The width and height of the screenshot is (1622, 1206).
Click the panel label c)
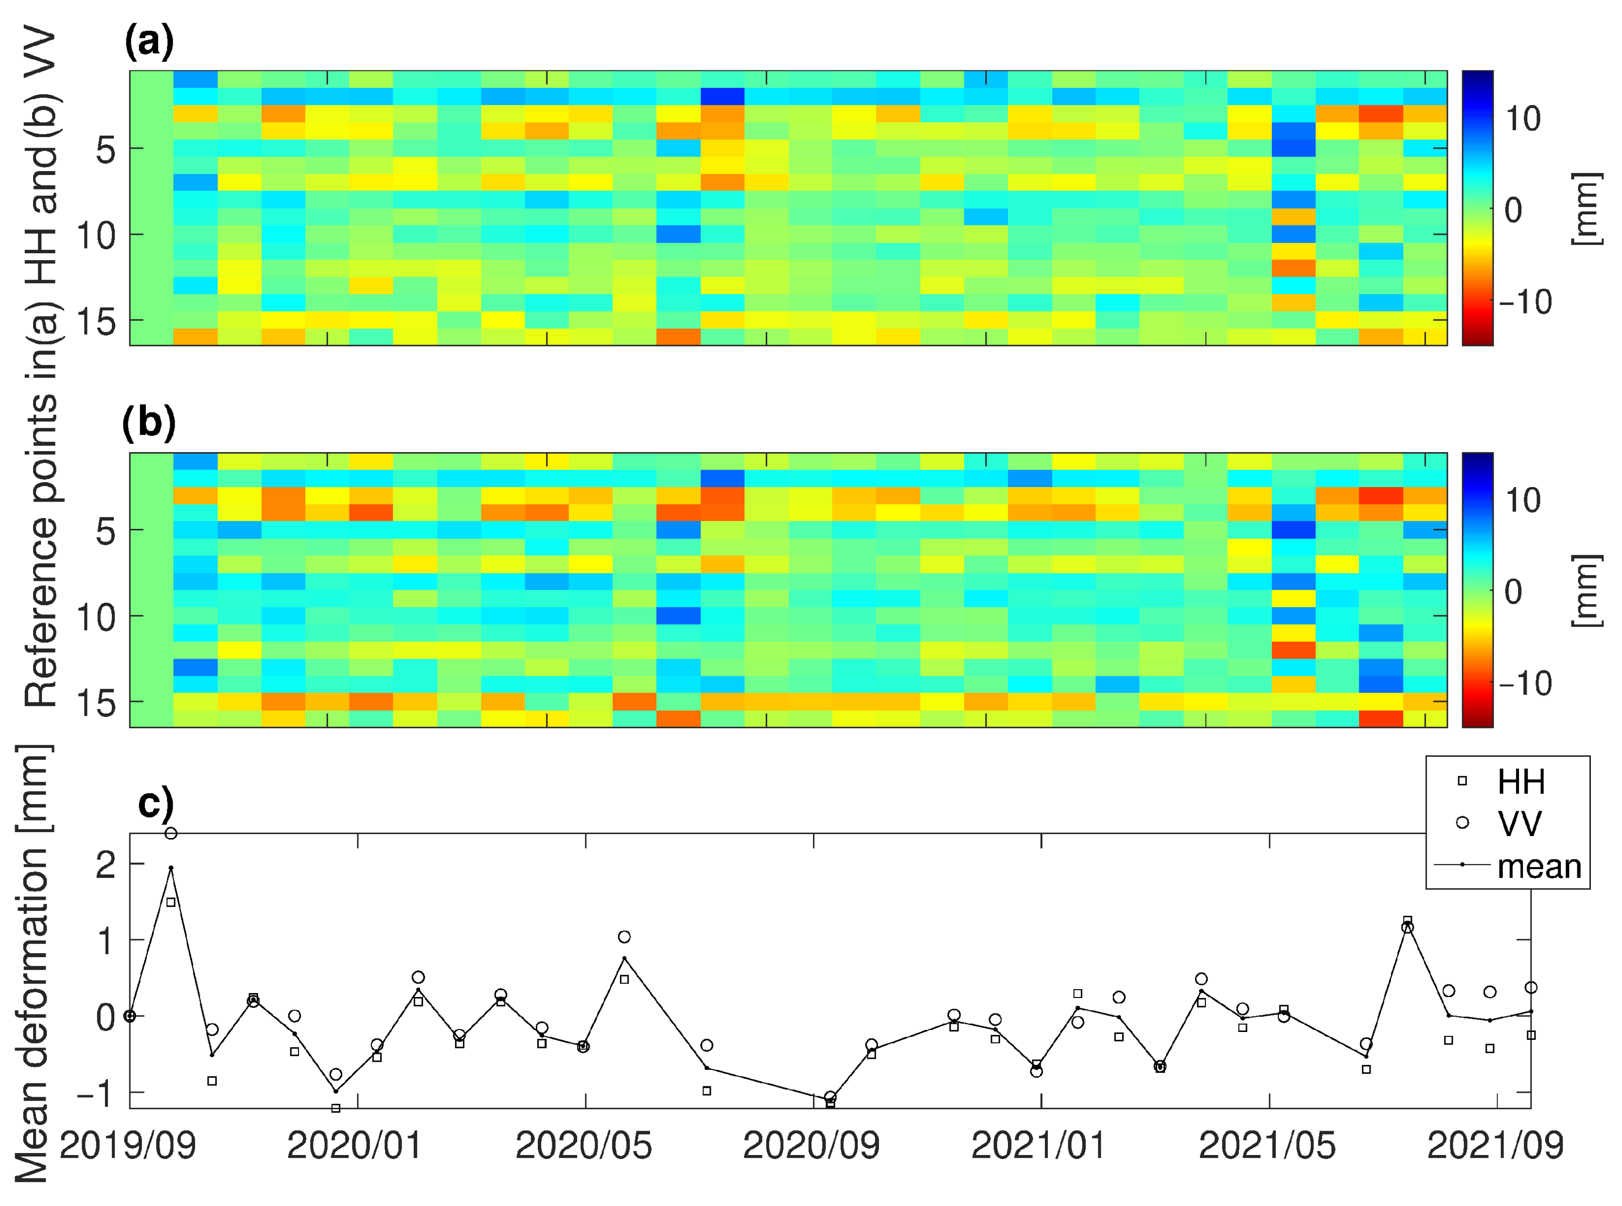(x=156, y=804)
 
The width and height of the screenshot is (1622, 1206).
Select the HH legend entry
(x=1520, y=782)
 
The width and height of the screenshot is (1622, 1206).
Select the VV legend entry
(x=1519, y=823)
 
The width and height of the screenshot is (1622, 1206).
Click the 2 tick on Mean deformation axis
(x=106, y=865)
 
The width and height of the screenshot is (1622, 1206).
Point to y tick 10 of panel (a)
(x=96, y=236)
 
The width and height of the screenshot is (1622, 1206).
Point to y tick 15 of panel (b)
(x=96, y=703)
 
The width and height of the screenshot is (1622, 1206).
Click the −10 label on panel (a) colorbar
(x=1525, y=301)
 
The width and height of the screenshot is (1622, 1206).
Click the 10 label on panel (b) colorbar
(x=1523, y=500)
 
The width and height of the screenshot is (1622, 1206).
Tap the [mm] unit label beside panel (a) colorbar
(x=1586, y=210)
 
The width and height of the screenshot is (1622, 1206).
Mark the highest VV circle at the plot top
(x=171, y=834)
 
